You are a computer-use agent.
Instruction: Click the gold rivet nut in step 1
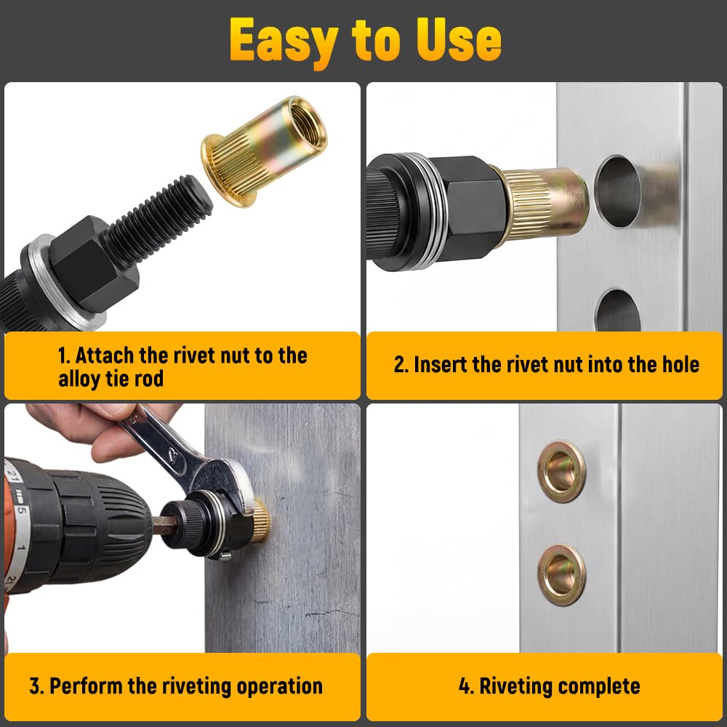coord(263,150)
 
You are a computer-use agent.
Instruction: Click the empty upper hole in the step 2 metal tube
coord(617,191)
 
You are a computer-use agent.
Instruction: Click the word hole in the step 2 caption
coord(680,364)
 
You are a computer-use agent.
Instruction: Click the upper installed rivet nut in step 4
coord(561,472)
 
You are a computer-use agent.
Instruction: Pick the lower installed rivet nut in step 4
coord(561,575)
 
